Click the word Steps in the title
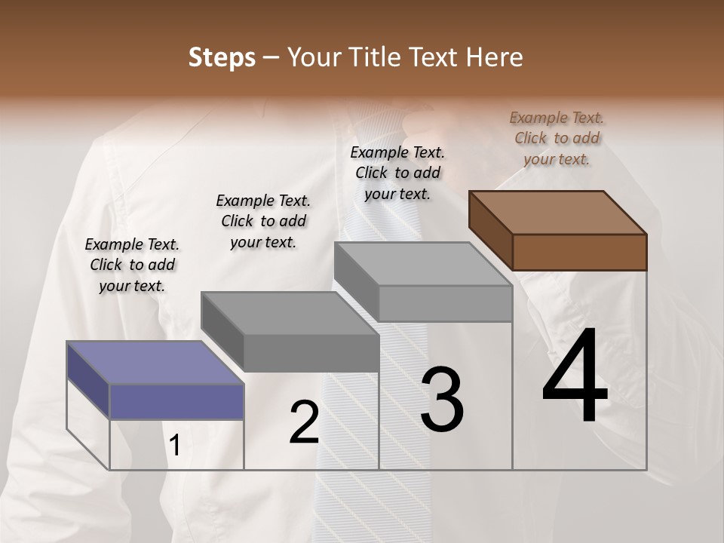tap(221, 57)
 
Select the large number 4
tap(575, 376)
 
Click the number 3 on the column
tap(442, 400)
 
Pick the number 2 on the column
tap(304, 422)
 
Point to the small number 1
tap(175, 446)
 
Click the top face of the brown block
tap(557, 213)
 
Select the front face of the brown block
tap(579, 252)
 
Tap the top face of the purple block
tap(155, 363)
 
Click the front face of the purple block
tap(176, 401)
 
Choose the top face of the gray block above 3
tap(422, 264)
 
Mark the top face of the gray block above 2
tap(289, 313)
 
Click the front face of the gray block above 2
tap(311, 352)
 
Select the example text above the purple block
tap(132, 265)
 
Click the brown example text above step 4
tap(557, 138)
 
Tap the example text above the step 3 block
tap(397, 173)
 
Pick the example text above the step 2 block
tap(263, 221)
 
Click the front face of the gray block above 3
tap(445, 303)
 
